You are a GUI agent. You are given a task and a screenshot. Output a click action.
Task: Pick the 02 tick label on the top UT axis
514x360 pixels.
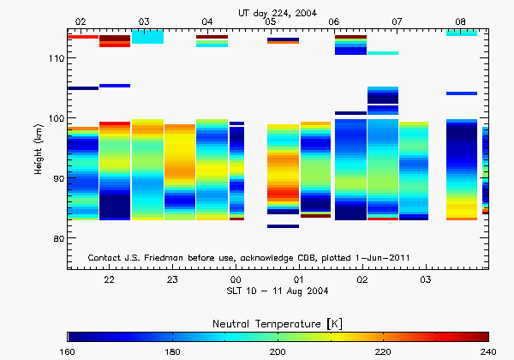(x=81, y=21)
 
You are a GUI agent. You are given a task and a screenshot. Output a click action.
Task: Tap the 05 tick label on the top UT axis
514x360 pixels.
(x=271, y=21)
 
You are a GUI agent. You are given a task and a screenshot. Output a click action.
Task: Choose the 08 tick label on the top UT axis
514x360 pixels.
(x=460, y=21)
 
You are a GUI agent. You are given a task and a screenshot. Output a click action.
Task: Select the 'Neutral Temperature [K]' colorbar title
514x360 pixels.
(x=278, y=321)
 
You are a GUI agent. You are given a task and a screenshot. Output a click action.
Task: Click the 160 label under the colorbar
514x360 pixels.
(x=69, y=351)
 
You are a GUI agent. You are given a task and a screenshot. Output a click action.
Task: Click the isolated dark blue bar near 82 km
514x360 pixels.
(x=283, y=226)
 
